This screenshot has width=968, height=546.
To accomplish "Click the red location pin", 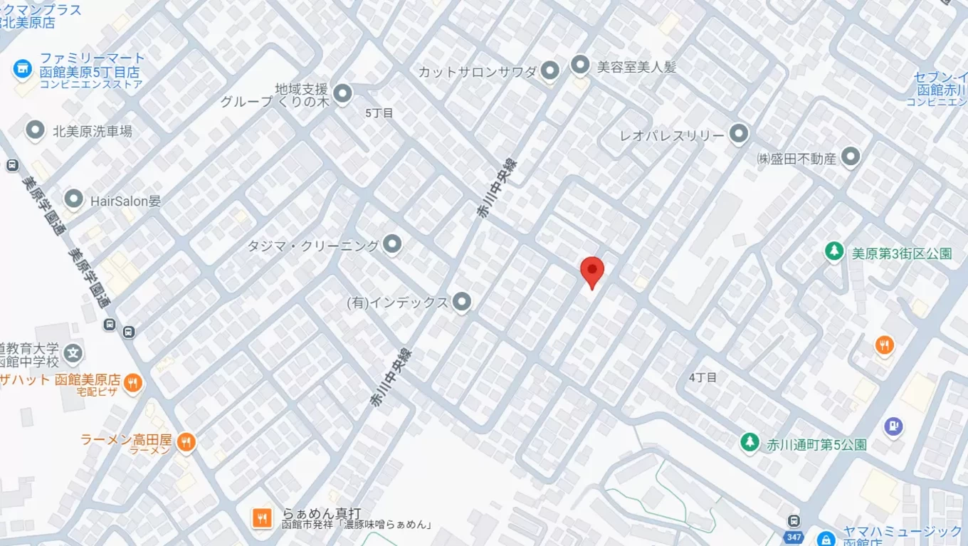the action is [592, 271].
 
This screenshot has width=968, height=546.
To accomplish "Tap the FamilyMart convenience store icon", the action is [23, 69].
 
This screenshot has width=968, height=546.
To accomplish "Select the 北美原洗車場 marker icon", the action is [35, 131].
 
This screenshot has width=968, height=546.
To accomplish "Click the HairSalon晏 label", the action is [125, 201].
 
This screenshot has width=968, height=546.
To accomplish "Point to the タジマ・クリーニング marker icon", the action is [392, 245].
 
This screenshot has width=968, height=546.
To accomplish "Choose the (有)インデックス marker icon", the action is [462, 302].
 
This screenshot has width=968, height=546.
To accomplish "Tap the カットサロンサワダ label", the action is [477, 71].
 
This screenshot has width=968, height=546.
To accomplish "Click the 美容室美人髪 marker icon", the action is [580, 66].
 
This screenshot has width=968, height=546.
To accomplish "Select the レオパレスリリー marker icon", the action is [740, 134].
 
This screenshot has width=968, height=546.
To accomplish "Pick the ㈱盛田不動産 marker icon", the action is [851, 157].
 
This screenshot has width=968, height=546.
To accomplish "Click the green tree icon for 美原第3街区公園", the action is [834, 251].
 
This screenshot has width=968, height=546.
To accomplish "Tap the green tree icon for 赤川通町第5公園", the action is [749, 443].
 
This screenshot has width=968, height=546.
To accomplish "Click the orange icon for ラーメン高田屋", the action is [186, 441].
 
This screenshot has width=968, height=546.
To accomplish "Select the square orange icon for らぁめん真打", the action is [263, 518].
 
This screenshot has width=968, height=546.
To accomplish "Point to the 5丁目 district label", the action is [379, 113].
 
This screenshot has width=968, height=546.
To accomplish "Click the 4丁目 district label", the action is [703, 377].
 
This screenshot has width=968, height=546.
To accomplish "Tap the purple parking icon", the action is [893, 426].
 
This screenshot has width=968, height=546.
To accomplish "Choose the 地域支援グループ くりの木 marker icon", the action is [343, 93].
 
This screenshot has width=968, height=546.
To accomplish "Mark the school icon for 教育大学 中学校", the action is [73, 352].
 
